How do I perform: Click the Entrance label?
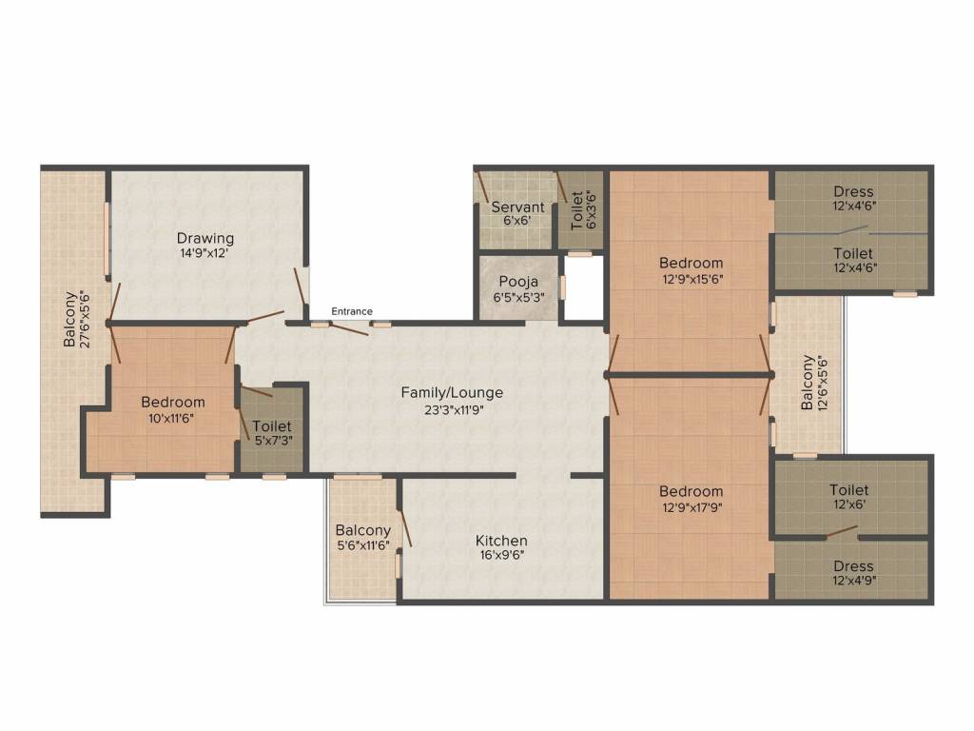(x=352, y=311)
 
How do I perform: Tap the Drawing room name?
(x=205, y=238)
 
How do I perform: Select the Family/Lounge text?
(x=452, y=392)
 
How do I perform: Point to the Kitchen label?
(x=501, y=541)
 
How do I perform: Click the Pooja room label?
(x=518, y=282)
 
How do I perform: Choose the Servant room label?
(x=517, y=207)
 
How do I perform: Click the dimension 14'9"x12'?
(x=205, y=253)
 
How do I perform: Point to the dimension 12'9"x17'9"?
(x=692, y=506)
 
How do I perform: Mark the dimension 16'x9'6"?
(x=501, y=556)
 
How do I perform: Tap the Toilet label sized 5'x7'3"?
(x=272, y=426)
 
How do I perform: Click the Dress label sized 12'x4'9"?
(x=852, y=566)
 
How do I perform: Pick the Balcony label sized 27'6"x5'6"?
(x=69, y=319)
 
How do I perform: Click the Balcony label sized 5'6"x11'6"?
(x=362, y=530)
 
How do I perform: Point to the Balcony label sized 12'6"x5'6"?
(x=808, y=383)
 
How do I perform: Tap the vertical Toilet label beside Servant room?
(x=576, y=211)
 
